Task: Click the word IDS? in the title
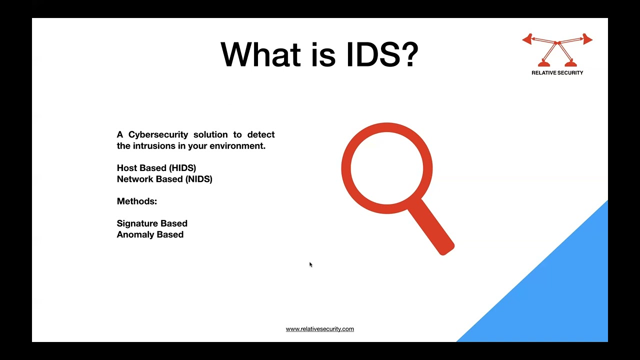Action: pyautogui.click(x=382, y=54)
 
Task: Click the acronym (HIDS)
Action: pyautogui.click(x=182, y=168)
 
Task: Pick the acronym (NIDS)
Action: pyautogui.click(x=198, y=179)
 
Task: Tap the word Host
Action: pyautogui.click(x=127, y=168)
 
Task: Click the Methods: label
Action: pyautogui.click(x=137, y=201)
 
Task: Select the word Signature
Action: pyautogui.click(x=137, y=223)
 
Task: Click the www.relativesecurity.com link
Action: pyautogui.click(x=320, y=329)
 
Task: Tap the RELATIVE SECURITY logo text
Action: pyautogui.click(x=557, y=73)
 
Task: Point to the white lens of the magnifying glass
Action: pyautogui.click(x=386, y=168)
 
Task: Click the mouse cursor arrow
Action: pyautogui.click(x=310, y=264)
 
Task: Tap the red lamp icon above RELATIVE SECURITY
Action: pyautogui.click(x=557, y=50)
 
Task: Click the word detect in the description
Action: pyautogui.click(x=261, y=135)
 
